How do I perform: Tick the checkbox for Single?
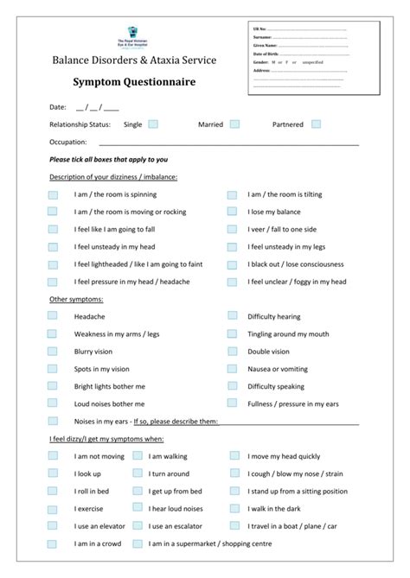click(x=153, y=124)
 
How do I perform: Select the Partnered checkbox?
click(x=317, y=124)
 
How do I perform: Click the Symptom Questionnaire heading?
click(x=133, y=82)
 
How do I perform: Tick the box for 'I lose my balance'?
click(x=232, y=212)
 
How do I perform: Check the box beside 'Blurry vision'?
click(x=54, y=352)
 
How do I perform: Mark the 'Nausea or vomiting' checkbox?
click(x=232, y=369)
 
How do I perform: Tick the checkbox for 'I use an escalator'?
click(x=137, y=525)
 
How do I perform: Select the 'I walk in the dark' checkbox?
click(x=234, y=508)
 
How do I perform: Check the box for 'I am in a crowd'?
click(x=54, y=543)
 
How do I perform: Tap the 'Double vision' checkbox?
click(x=232, y=352)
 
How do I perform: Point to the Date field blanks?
click(x=97, y=108)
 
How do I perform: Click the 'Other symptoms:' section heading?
click(x=76, y=299)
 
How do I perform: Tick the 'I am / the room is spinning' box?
click(x=54, y=194)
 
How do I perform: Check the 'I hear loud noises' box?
click(x=137, y=508)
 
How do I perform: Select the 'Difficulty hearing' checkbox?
click(x=232, y=316)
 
